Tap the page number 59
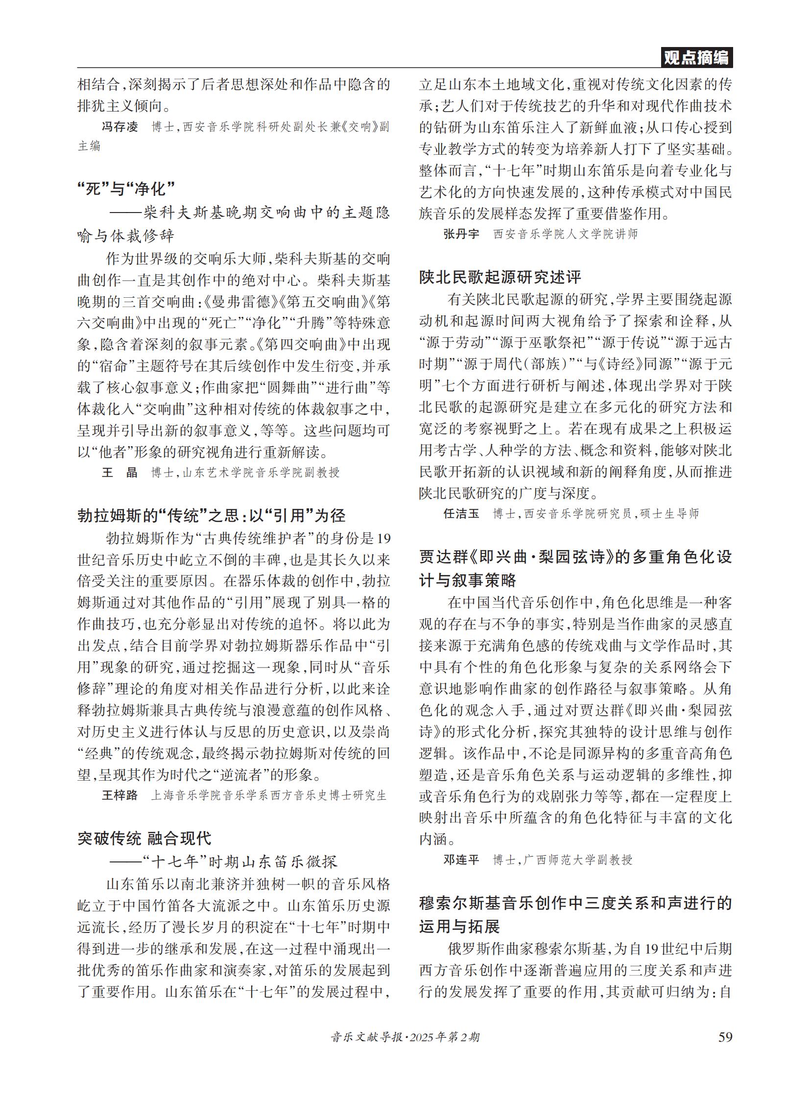725,1036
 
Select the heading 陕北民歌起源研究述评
500,277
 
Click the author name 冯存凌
120,127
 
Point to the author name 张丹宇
461,234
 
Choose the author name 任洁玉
461,513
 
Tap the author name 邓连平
461,859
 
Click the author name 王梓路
120,795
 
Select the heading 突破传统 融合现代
144,838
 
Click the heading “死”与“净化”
126,189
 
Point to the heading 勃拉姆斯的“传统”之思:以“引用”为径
212,516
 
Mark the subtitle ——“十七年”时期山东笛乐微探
223,861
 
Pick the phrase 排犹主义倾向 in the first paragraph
123,105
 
